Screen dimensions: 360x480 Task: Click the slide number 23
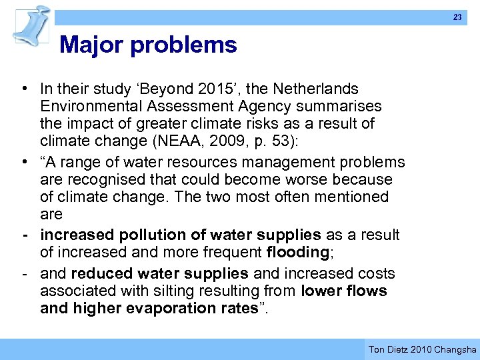tap(457, 17)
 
